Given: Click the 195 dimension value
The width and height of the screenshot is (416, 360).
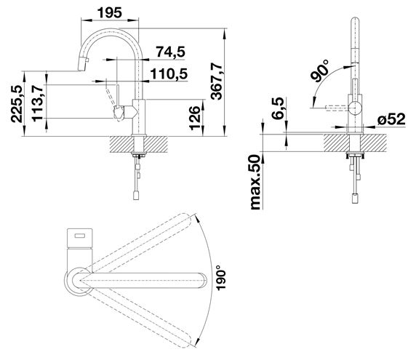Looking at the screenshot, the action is (x=110, y=12).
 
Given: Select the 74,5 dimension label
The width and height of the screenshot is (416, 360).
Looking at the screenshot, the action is (x=170, y=52).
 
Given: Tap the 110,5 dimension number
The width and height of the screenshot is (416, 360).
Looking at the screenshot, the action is (x=169, y=73).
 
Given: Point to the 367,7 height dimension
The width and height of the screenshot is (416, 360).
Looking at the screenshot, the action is (x=217, y=81).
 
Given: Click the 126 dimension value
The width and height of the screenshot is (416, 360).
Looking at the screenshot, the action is (x=195, y=118).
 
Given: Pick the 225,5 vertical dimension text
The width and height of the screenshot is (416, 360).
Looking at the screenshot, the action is (x=17, y=104).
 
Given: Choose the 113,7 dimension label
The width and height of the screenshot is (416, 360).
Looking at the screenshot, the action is (x=37, y=103).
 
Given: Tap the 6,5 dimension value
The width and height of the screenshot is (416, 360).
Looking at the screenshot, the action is (x=278, y=108).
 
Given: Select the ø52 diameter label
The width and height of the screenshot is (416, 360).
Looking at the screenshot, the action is (x=391, y=119).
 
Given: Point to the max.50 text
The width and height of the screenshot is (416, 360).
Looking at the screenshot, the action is (x=255, y=183).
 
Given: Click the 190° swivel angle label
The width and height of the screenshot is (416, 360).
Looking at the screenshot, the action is (x=221, y=278).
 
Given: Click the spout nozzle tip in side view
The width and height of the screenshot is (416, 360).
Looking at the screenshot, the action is (x=83, y=65).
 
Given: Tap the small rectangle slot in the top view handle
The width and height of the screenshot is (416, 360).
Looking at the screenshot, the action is (x=79, y=236).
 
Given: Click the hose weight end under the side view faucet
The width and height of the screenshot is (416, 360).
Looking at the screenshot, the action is (x=136, y=195).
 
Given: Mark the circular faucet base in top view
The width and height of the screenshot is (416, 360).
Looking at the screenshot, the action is (x=78, y=281).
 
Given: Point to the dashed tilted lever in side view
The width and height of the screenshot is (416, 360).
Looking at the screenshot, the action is (x=111, y=95).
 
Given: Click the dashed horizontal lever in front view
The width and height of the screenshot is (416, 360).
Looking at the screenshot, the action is (x=337, y=108).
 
